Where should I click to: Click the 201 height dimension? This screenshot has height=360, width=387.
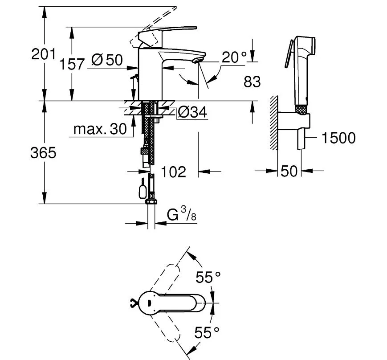point(44,54)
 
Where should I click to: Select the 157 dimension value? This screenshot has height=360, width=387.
point(72,64)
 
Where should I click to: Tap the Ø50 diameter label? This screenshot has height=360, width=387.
point(107,60)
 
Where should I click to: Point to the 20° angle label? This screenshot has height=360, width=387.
point(234,57)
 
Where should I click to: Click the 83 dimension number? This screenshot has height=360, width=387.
point(252,82)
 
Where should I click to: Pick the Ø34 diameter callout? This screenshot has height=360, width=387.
point(192,112)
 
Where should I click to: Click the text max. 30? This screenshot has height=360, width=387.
point(100,129)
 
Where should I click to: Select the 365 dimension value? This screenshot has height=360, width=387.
point(43,152)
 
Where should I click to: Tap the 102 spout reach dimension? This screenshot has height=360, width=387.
point(173,172)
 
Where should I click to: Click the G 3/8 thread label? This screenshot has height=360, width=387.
point(181,214)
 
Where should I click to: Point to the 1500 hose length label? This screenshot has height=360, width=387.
point(338,138)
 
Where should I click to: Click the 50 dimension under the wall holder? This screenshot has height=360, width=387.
point(289,171)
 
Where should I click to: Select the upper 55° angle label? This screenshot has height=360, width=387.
point(208,277)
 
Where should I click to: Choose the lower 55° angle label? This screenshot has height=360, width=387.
point(207,332)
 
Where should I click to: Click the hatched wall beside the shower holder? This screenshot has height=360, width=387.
point(274,123)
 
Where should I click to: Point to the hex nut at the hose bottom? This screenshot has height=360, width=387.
point(151,201)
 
